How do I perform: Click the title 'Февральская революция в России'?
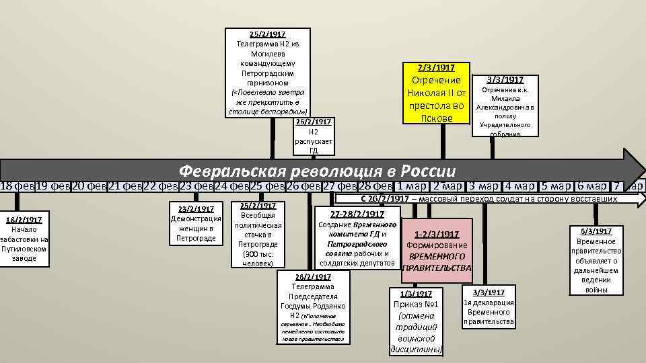317,170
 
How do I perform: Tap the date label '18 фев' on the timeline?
16,186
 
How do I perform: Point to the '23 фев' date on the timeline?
194,186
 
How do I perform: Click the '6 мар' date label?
590,186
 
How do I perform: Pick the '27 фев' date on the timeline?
337,186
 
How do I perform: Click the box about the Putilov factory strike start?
25,239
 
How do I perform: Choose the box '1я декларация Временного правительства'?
489,307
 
